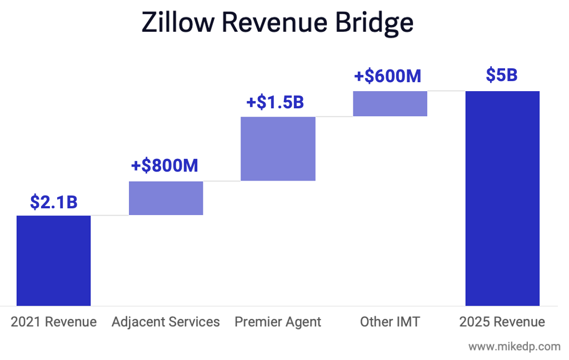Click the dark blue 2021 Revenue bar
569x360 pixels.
[53, 261]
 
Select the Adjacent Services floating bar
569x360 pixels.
[166, 198]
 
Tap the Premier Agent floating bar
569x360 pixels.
[278, 148]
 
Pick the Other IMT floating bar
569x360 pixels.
[390, 103]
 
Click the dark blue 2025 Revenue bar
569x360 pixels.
[502, 198]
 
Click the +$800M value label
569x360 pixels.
[164, 166]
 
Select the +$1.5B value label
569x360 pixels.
[275, 103]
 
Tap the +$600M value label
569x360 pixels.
[387, 76]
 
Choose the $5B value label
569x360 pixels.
[502, 75]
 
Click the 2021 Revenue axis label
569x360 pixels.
[53, 322]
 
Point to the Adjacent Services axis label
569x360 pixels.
[166, 322]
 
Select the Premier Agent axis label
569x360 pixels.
[278, 322]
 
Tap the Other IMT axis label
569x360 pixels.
[390, 322]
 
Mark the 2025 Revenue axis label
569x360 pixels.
[502, 322]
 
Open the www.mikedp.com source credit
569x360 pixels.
[514, 347]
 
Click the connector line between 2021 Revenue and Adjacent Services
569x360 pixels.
[109, 215]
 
